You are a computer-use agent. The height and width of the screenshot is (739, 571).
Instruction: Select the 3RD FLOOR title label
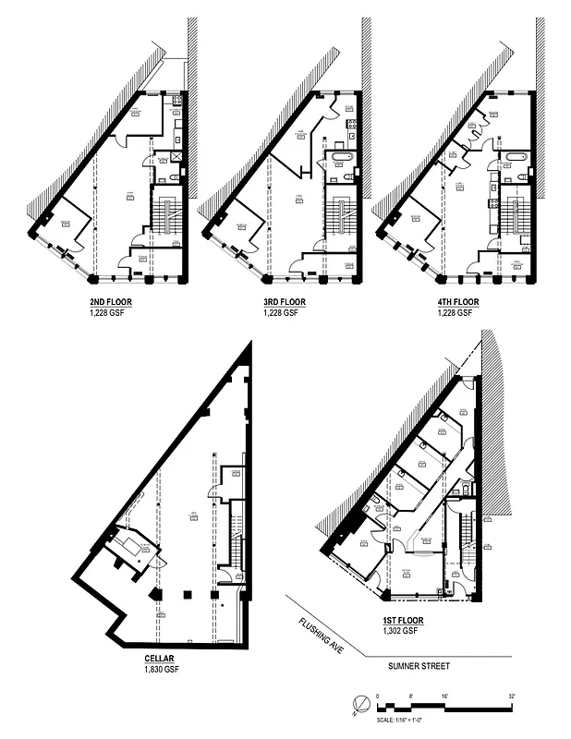click(281, 302)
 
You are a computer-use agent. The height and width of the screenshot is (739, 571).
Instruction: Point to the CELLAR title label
click(161, 659)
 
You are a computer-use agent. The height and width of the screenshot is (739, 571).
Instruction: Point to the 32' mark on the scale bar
click(510, 695)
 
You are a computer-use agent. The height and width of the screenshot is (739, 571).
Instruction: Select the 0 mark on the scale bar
click(378, 695)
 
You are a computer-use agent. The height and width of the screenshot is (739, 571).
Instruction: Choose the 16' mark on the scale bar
click(443, 695)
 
